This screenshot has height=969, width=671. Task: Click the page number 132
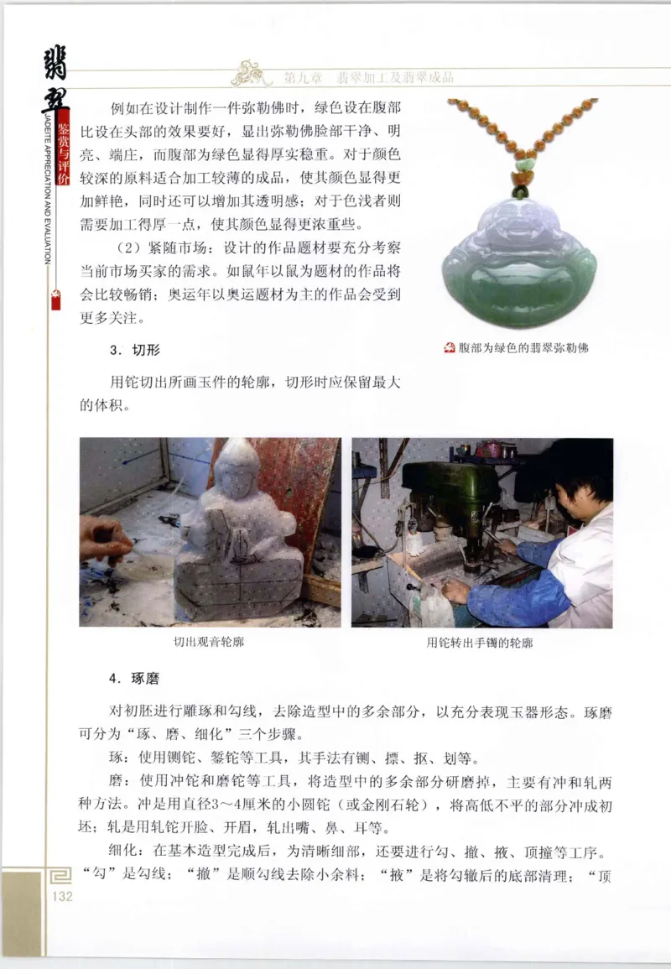tap(62, 897)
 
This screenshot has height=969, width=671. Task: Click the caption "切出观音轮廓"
tap(209, 643)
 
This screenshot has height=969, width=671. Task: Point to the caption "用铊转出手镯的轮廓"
tap(480, 643)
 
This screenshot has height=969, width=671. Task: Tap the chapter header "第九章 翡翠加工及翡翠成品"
tap(369, 78)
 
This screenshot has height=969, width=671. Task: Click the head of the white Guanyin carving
tap(237, 470)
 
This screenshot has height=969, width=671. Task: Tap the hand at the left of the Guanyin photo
tap(104, 537)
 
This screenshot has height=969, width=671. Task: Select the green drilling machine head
tap(441, 487)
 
